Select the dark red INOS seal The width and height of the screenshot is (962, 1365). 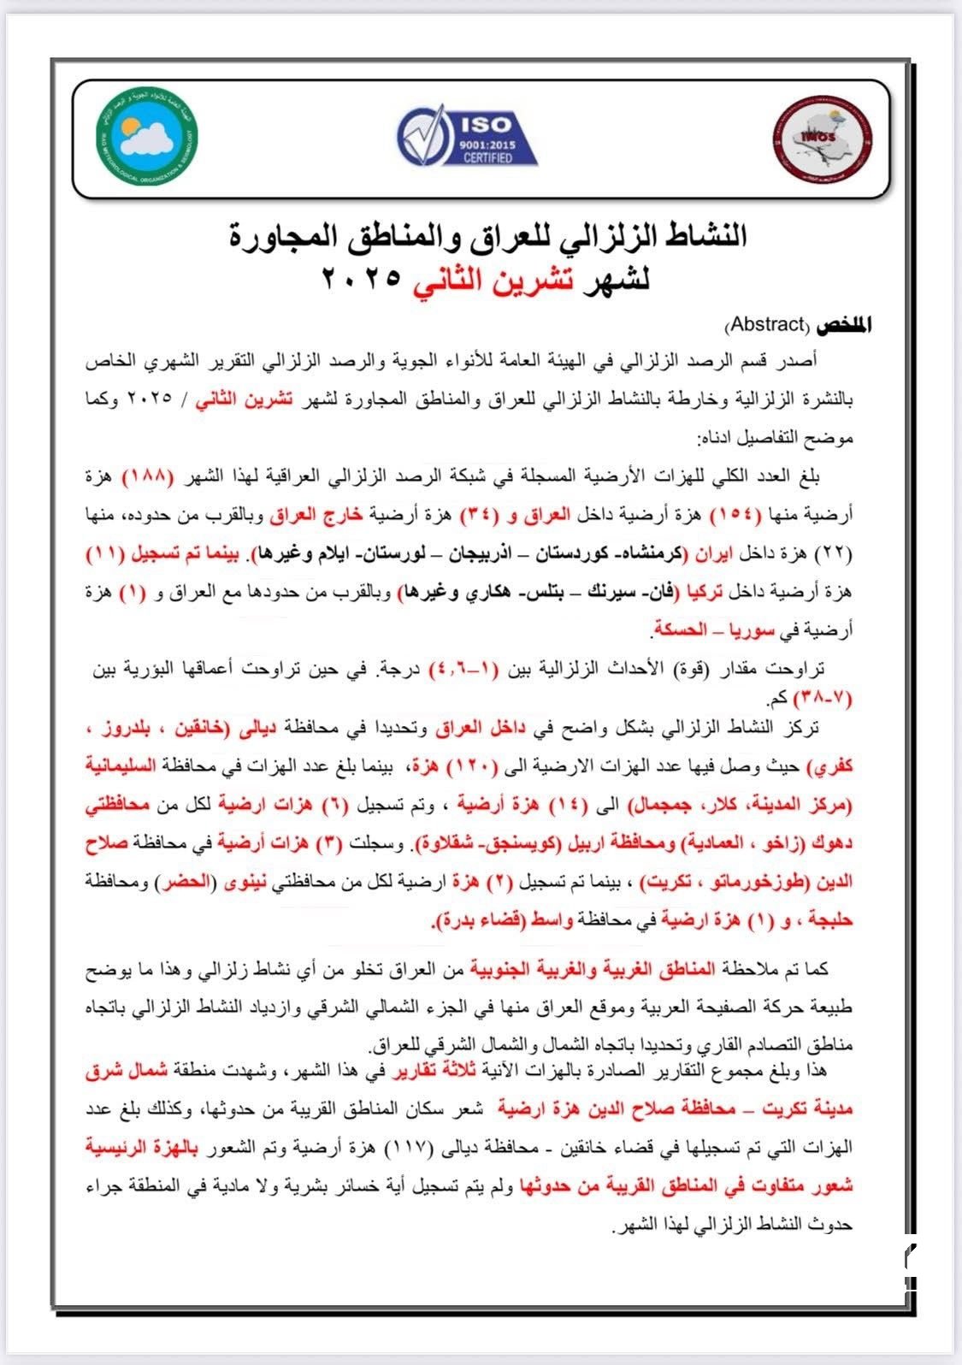(821, 138)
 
